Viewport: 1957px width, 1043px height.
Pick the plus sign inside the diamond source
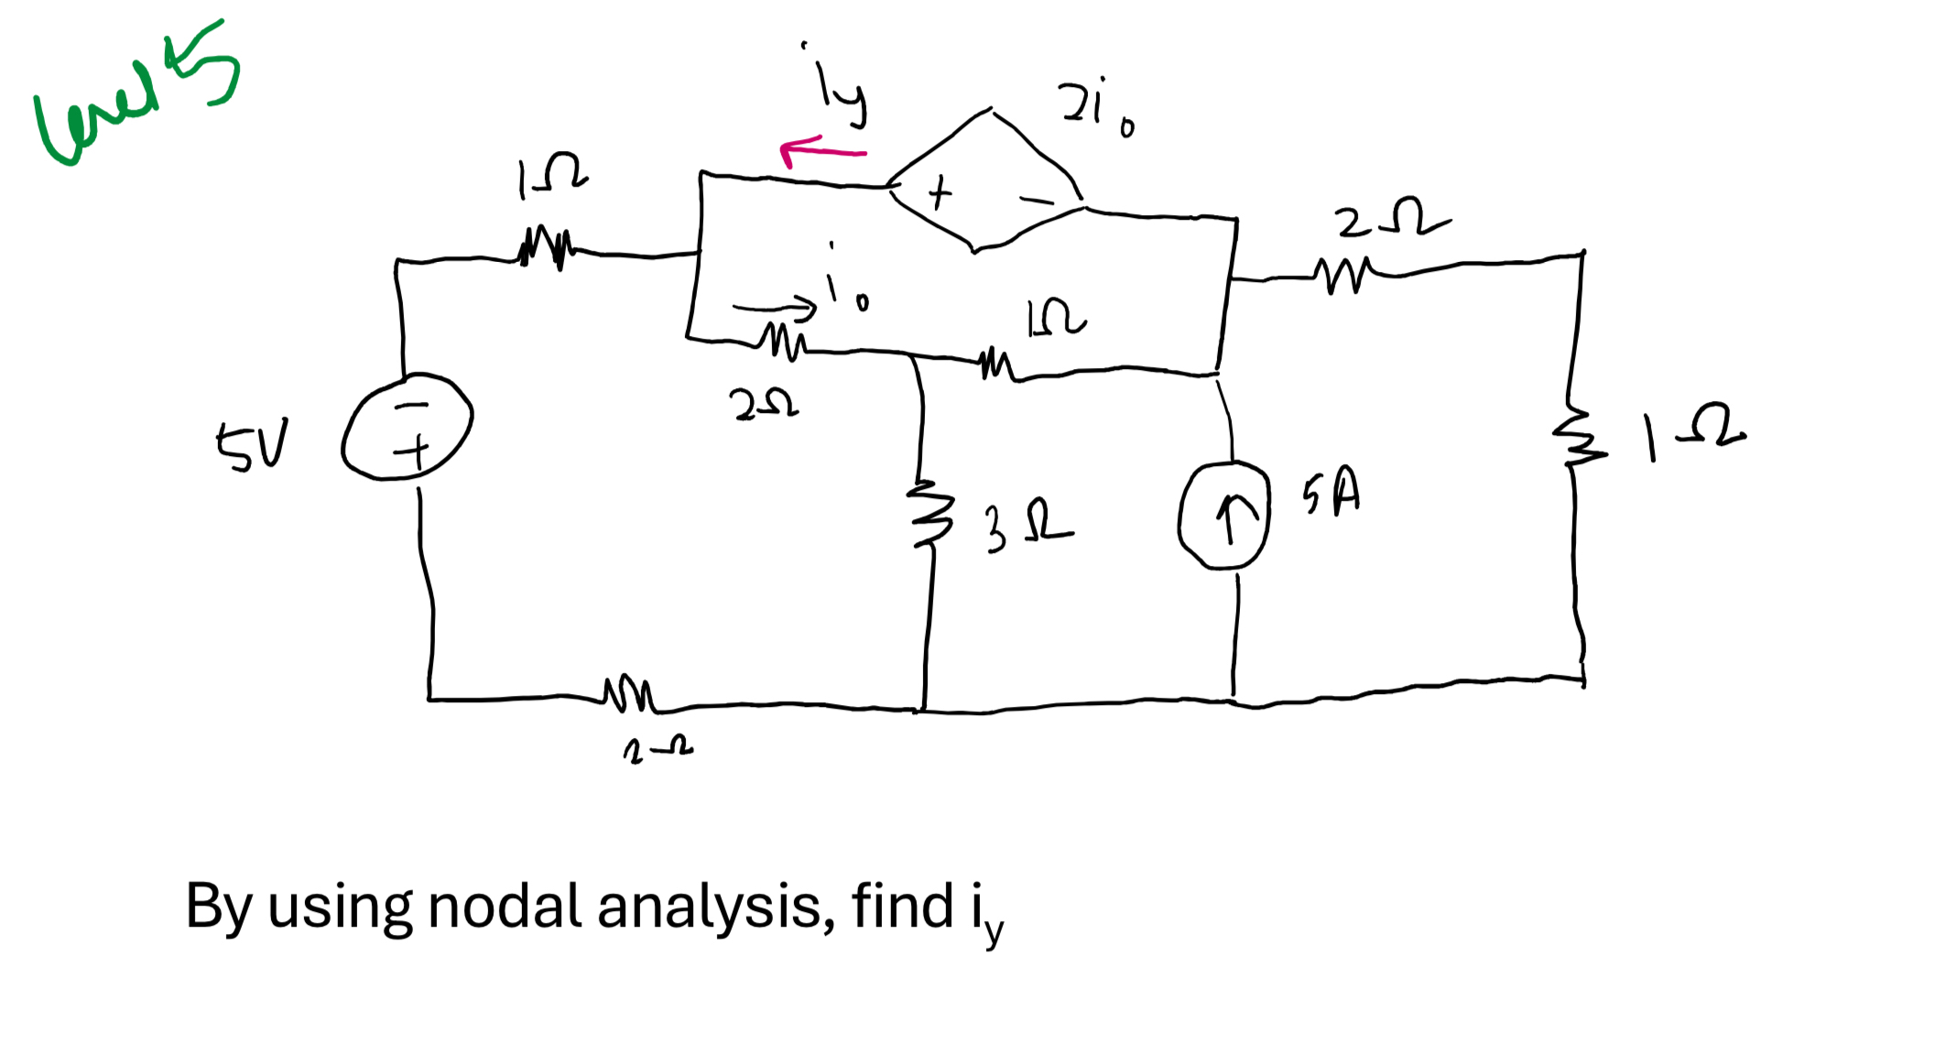pyautogui.click(x=940, y=193)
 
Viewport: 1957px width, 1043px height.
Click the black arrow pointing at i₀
pyautogui.click(x=774, y=308)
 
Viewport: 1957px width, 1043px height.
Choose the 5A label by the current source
pyautogui.click(x=1332, y=493)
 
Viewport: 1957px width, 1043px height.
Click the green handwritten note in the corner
pyautogui.click(x=137, y=96)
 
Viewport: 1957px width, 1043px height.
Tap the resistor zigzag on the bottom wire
pyautogui.click(x=628, y=695)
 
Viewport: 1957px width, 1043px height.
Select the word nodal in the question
pyautogui.click(x=505, y=907)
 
